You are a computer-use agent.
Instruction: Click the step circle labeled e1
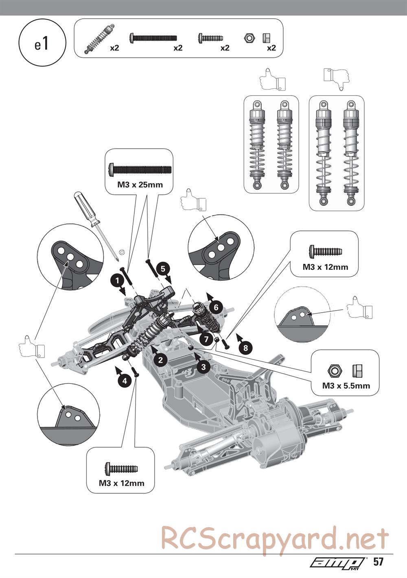click(x=42, y=44)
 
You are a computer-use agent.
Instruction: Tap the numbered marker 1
click(x=117, y=280)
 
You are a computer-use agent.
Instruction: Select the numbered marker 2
click(x=160, y=359)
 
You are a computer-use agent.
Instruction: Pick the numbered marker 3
click(x=203, y=366)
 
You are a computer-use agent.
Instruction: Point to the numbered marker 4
click(x=124, y=381)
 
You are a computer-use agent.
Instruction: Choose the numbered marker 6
click(x=216, y=307)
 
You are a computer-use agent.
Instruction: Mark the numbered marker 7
click(x=206, y=339)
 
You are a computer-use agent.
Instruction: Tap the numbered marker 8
click(x=245, y=347)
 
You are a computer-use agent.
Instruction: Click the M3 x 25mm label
click(x=140, y=184)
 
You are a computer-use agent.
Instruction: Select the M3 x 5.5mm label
click(x=346, y=385)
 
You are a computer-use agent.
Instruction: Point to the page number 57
click(x=379, y=562)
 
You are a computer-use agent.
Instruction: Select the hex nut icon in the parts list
click(x=249, y=38)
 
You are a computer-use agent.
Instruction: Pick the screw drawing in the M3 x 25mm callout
click(x=140, y=168)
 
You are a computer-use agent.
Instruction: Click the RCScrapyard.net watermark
click(x=275, y=538)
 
